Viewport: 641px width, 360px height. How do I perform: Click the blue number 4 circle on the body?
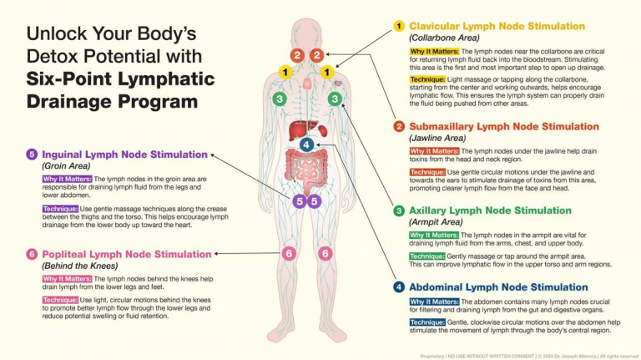pyautogui.click(x=306, y=145)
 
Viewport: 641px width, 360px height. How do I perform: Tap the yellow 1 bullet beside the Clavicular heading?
pyautogui.click(x=399, y=26)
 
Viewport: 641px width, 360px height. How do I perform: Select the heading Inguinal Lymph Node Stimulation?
pyautogui.click(x=124, y=155)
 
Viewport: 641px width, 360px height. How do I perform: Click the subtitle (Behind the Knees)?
pyautogui.click(x=80, y=266)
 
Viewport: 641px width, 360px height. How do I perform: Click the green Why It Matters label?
pyautogui.click(x=434, y=236)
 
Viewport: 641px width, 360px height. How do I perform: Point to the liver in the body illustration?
pyautogui.click(x=302, y=130)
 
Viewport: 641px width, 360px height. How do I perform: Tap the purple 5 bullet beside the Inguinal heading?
pyautogui.click(x=32, y=155)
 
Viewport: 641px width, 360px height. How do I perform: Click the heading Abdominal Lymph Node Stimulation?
pyautogui.click(x=498, y=287)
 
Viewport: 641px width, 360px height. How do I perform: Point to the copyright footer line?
pyautogui.click(x=529, y=357)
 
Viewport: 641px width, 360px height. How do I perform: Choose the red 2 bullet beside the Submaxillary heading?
pyautogui.click(x=399, y=126)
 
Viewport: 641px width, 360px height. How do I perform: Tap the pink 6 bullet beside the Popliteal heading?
pyautogui.click(x=32, y=254)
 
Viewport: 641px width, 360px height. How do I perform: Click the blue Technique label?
pyautogui.click(x=427, y=322)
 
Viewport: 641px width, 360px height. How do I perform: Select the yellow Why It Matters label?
pyautogui.click(x=435, y=52)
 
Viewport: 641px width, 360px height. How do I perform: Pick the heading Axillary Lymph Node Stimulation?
pyautogui.click(x=490, y=210)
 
